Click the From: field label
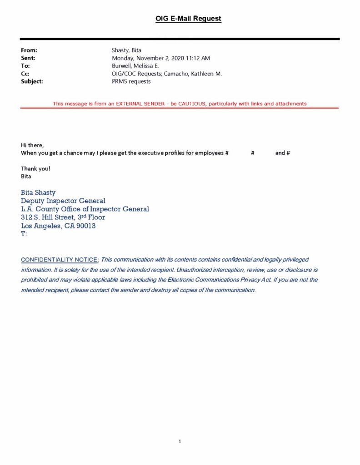[29, 50]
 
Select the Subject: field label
[32, 81]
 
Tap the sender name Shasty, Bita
[126, 50]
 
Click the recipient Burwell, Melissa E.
[135, 66]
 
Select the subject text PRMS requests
[131, 81]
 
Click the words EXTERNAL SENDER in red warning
[140, 104]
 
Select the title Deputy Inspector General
[63, 201]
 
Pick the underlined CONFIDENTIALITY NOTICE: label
[60, 259]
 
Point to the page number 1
[180, 441]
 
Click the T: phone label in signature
[24, 234]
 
